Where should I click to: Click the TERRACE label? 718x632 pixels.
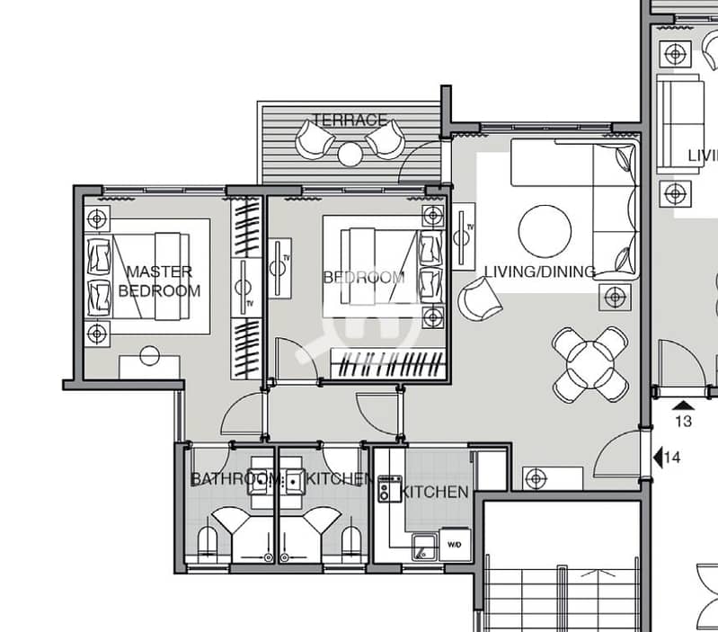coord(350,120)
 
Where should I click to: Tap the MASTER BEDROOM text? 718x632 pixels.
coord(159,281)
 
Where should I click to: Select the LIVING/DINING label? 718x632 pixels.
coord(540,271)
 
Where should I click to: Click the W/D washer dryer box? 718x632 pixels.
coord(455,545)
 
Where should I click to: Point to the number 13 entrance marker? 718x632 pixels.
coord(684,421)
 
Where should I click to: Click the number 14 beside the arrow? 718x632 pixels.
coord(672,457)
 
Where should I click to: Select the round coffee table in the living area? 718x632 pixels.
coord(545,231)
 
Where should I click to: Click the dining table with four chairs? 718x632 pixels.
coord(590,364)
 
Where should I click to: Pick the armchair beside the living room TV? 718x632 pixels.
coord(479,298)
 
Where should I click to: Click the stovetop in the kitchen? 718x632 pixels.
coord(390,488)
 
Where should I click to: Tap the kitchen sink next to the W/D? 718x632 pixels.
coord(424,547)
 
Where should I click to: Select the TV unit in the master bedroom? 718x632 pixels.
coord(246,288)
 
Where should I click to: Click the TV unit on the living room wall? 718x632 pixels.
coord(464,237)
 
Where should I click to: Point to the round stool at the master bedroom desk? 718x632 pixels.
coord(150,356)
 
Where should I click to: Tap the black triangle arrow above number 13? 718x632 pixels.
coord(683,405)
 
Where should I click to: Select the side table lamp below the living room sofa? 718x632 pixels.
coord(615,298)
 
